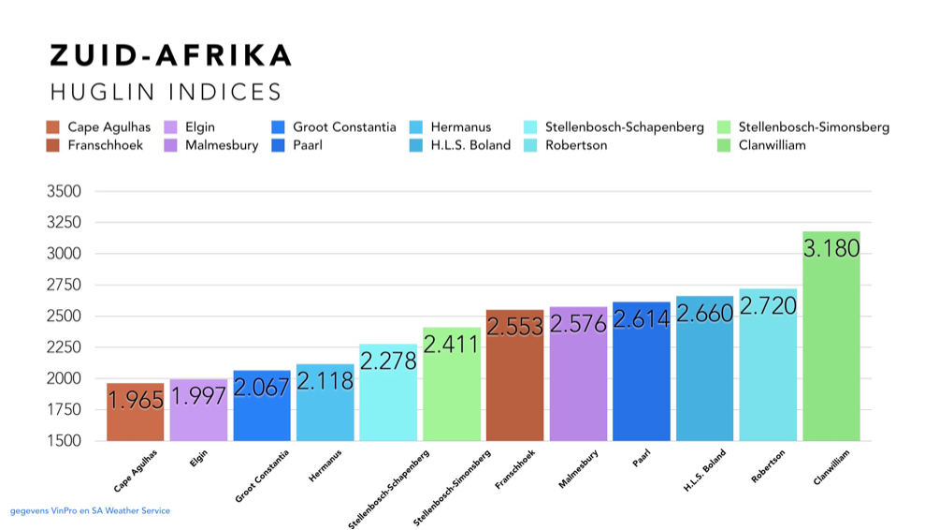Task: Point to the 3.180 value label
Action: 831,246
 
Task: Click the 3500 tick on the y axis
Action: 64,191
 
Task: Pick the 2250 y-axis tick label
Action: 64,347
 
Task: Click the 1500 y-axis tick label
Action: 64,441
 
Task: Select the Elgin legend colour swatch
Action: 171,127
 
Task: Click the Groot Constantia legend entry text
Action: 344,127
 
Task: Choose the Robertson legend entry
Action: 576,145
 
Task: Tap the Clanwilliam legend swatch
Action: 725,145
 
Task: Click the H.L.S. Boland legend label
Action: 470,145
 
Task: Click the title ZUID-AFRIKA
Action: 170,55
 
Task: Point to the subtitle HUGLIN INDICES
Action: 166,92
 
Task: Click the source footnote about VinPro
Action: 90,511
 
